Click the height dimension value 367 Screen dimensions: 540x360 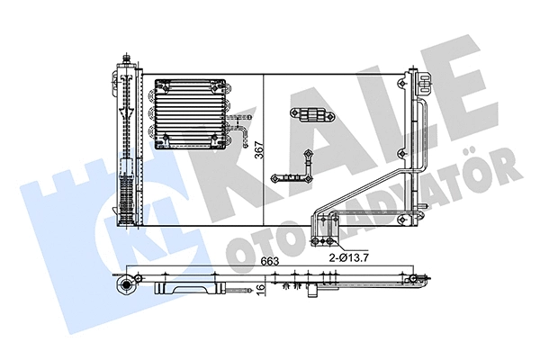tap(260, 150)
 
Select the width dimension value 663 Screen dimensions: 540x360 tap(270, 262)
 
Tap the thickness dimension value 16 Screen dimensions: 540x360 tap(261, 286)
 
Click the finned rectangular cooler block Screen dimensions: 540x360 tap(191, 114)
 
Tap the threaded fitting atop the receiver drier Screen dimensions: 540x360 tap(126, 58)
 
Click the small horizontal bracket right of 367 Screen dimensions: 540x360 tap(312, 114)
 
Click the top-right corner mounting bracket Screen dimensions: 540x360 tap(424, 83)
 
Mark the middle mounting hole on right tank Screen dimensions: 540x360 tap(402, 153)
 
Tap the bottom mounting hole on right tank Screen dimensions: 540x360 tap(402, 219)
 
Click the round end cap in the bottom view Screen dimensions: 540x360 tap(126, 284)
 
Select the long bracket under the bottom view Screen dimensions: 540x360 tap(190, 289)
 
